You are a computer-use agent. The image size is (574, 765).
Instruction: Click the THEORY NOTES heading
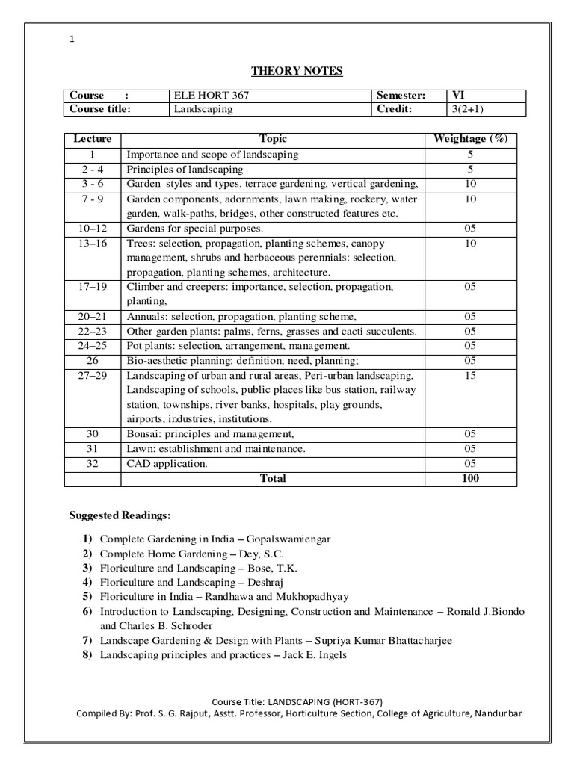pos(296,71)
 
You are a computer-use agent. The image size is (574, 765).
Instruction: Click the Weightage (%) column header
pos(470,139)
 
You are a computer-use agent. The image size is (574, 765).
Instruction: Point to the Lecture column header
pos(93,139)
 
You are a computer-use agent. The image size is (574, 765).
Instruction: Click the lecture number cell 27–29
pos(93,375)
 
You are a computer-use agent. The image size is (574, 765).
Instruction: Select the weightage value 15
pos(470,375)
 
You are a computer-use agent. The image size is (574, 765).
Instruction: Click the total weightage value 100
pos(470,479)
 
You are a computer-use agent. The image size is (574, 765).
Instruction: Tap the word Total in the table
pos(273,479)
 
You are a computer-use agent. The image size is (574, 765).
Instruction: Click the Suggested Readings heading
pos(120,515)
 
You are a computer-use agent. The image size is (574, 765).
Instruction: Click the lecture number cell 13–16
pos(93,244)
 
